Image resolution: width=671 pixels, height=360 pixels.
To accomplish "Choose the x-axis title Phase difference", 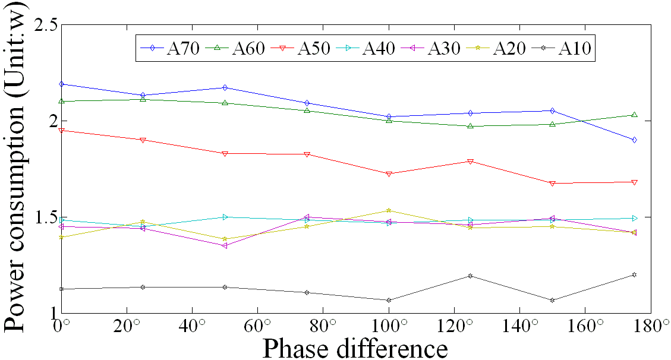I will click(355, 348).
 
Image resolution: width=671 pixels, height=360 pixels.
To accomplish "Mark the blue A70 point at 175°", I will click(635, 140).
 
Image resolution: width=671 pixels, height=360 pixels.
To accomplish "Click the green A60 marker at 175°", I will click(635, 115).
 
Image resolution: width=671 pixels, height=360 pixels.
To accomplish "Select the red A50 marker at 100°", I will click(389, 174).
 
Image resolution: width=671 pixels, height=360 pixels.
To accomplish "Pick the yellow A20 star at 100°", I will click(389, 210).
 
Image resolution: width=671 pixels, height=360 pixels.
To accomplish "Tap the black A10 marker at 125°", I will click(471, 276).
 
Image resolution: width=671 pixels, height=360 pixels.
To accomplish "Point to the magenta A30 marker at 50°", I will click(225, 245).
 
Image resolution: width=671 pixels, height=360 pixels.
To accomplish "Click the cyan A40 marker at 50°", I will click(225, 217).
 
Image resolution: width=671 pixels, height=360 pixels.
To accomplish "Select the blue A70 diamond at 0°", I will click(61, 84).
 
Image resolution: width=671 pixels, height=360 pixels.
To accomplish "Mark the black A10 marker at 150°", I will click(553, 300).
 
